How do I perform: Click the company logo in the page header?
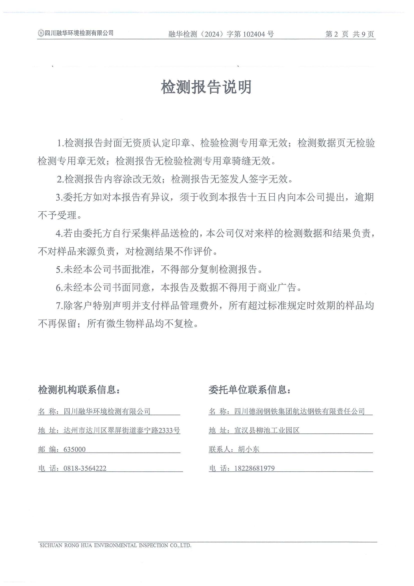pyautogui.click(x=41, y=33)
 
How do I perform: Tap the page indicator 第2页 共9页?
pyautogui.click(x=349, y=34)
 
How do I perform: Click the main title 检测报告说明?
pyautogui.click(x=206, y=87)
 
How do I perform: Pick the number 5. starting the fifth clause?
pyautogui.click(x=59, y=270)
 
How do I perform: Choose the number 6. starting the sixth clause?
pyautogui.click(x=59, y=288)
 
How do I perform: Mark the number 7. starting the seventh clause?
pyautogui.click(x=59, y=306)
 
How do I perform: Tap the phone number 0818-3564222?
pyautogui.click(x=85, y=468)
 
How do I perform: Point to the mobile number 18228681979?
pyautogui.click(x=255, y=468)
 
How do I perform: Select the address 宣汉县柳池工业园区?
pyautogui.click(x=267, y=430)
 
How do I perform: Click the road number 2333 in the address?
pyautogui.click(x=166, y=430)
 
